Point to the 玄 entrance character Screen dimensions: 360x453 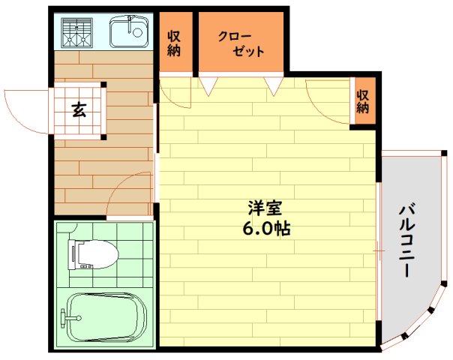click(78, 110)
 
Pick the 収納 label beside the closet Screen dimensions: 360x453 click(175, 43)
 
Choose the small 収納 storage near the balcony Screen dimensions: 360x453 click(364, 100)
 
